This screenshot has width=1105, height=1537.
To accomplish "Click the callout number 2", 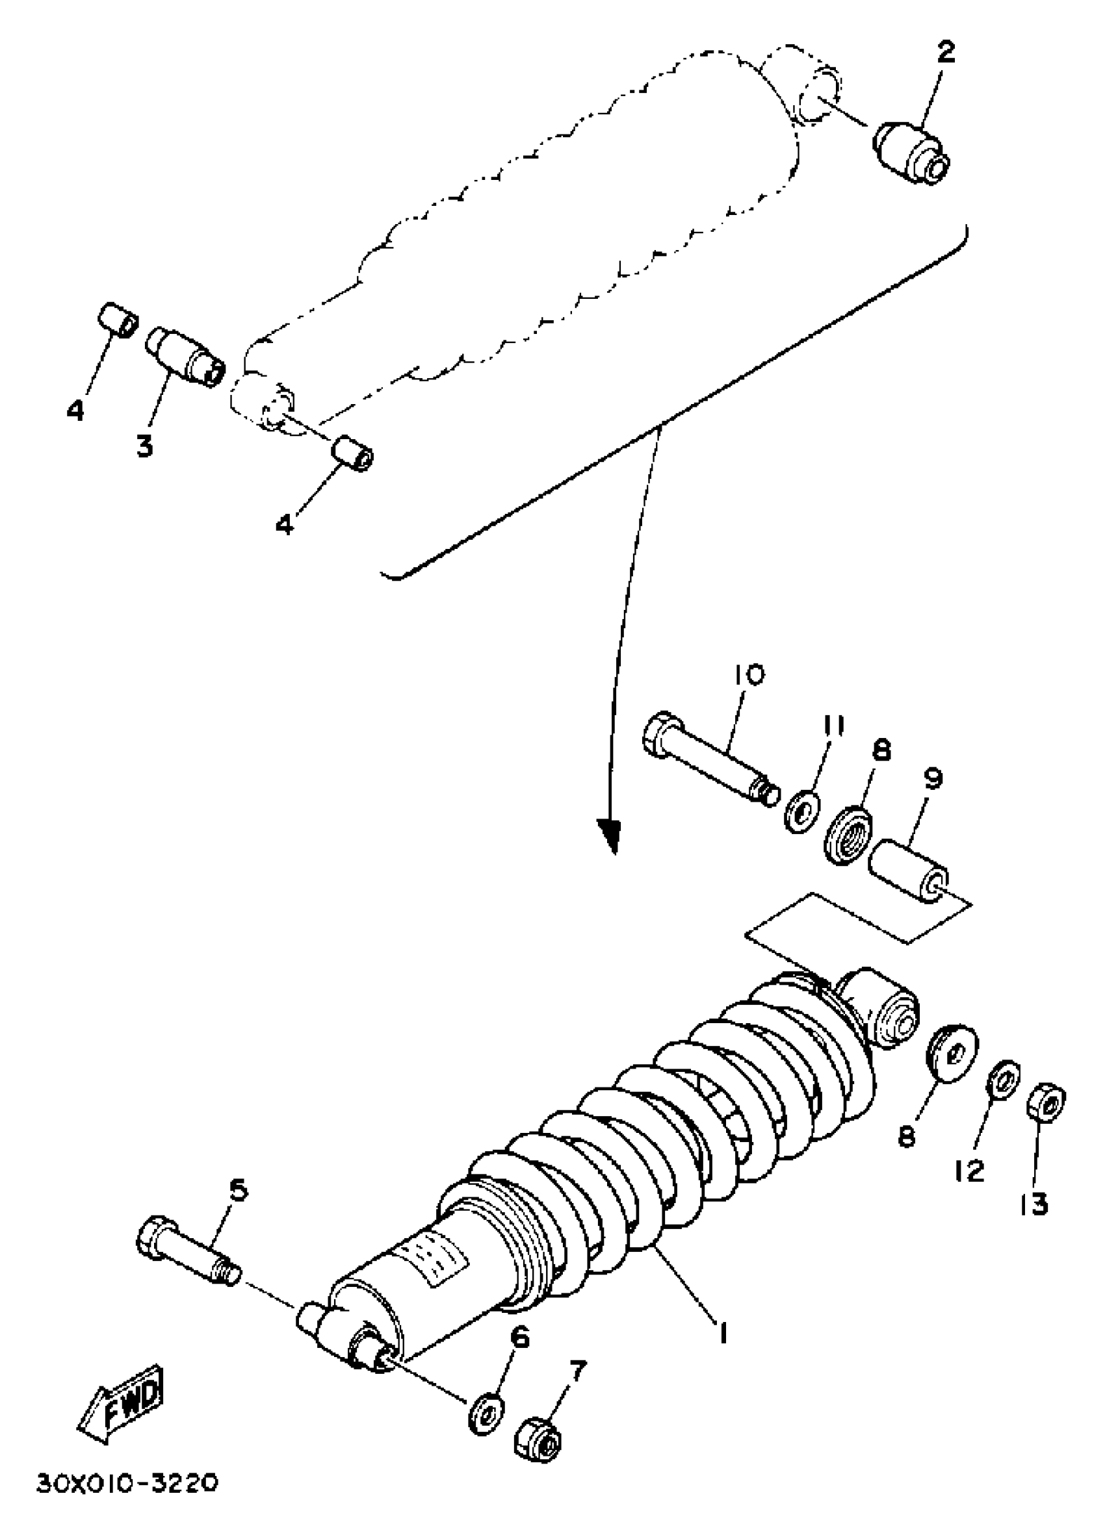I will [946, 52].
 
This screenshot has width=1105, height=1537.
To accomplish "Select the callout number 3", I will [144, 446].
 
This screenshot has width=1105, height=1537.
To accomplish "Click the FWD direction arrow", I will [121, 1393].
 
